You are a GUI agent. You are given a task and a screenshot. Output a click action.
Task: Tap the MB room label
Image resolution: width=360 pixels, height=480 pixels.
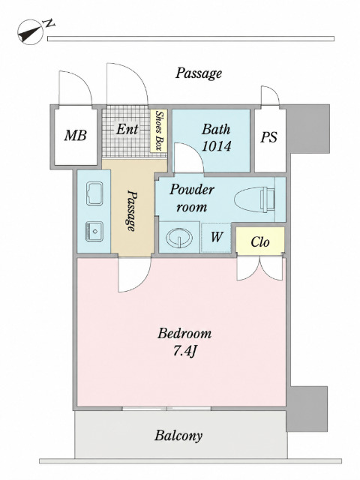point(75,135)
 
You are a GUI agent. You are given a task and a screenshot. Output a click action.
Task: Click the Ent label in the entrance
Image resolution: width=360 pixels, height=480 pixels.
point(127,129)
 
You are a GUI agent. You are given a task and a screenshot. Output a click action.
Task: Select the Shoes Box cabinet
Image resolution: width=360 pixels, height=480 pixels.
point(158,130)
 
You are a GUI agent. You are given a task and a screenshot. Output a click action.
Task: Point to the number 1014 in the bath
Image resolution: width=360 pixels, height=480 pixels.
point(217,146)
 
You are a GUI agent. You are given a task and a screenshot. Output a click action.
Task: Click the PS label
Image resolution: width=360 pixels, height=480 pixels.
point(268,136)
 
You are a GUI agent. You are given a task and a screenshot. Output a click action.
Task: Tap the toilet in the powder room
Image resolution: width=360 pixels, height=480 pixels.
point(255,200)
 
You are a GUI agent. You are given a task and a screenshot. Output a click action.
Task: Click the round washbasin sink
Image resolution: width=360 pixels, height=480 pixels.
point(179,238)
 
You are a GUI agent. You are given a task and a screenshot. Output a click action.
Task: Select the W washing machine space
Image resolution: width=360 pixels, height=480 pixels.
point(216,238)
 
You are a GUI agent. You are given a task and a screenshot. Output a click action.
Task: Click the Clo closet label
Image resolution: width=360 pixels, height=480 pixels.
point(260,241)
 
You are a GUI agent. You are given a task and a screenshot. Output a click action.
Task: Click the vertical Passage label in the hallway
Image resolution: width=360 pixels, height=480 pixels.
point(132,211)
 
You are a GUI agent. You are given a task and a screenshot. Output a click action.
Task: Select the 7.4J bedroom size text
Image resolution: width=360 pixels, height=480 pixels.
point(184,352)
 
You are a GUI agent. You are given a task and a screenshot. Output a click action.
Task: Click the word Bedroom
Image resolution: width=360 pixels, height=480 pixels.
point(184,333)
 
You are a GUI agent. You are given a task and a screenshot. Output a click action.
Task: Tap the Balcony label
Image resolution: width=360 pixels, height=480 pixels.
point(178,436)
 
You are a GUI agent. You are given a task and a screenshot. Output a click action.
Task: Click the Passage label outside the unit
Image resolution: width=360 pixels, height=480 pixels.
point(198,73)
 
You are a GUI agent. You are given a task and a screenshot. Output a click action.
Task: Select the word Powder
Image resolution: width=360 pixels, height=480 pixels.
point(192,190)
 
